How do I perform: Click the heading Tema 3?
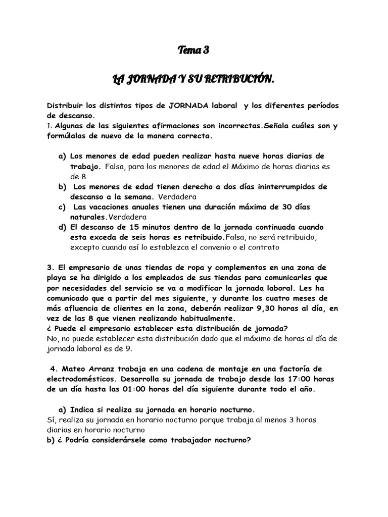click(x=193, y=50)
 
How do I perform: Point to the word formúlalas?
click(x=69, y=136)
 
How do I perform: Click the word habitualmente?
click(x=206, y=318)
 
